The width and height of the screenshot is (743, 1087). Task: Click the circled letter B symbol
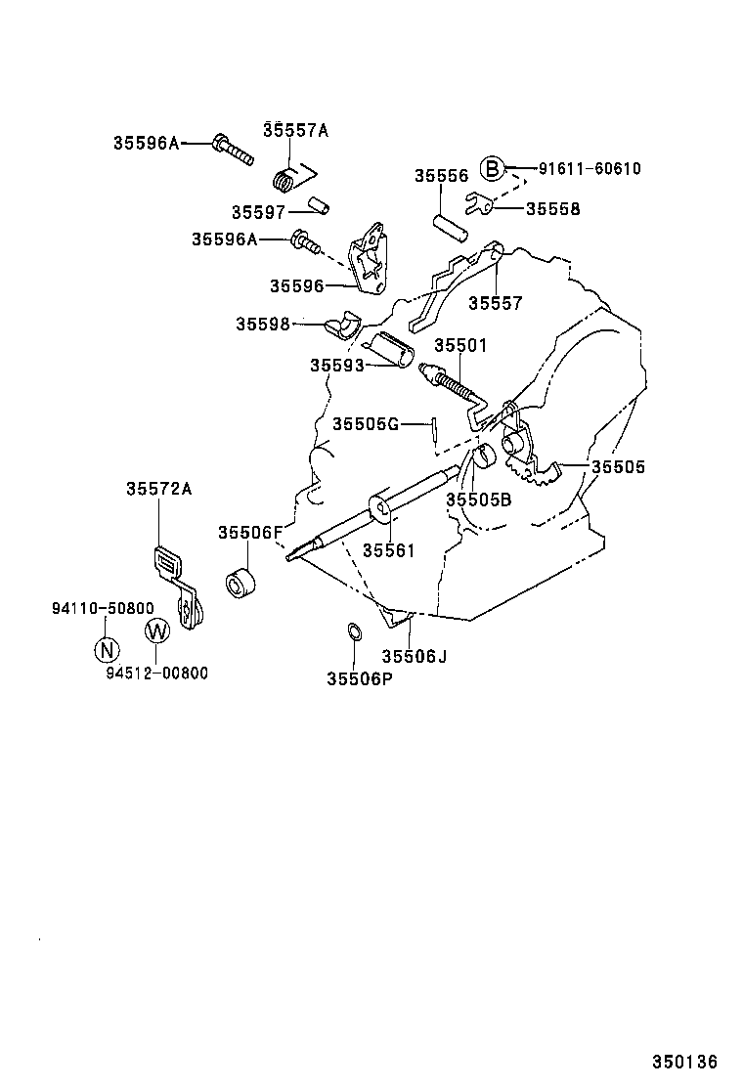point(493,169)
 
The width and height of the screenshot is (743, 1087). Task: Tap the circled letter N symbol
point(107,648)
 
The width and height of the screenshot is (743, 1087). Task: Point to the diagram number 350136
point(685,1062)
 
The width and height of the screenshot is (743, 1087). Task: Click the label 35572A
point(157,490)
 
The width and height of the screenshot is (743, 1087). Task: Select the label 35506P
point(359,677)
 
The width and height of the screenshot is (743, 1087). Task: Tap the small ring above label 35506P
point(355,632)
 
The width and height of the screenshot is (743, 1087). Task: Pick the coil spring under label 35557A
point(285,181)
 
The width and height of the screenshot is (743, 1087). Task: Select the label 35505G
point(366,423)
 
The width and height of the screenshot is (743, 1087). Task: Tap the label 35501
point(460,346)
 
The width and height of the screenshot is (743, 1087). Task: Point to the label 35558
point(552,209)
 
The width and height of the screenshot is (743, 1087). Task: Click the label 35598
point(262,325)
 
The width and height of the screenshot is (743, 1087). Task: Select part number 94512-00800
point(157,674)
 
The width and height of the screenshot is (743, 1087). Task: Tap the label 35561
point(389,550)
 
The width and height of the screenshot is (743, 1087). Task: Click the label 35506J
point(414,656)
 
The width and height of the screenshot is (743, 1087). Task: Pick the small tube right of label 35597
point(318,206)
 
